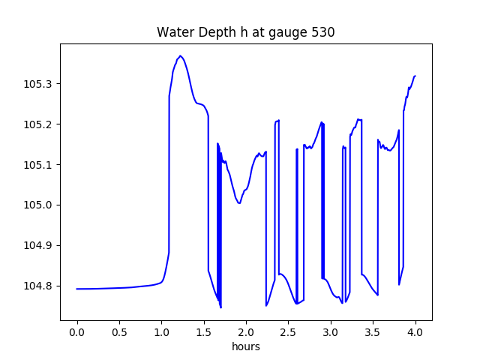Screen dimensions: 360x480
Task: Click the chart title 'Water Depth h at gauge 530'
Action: (x=245, y=33)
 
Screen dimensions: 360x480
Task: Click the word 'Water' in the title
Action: (x=172, y=33)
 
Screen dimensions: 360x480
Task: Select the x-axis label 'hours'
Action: (x=245, y=347)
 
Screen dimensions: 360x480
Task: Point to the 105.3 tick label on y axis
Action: (x=38, y=84)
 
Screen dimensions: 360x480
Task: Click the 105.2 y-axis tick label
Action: (x=38, y=124)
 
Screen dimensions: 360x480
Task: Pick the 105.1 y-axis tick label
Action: (x=38, y=165)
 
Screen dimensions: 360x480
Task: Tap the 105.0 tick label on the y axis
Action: (x=38, y=205)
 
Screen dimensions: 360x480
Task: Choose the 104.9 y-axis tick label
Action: (x=38, y=246)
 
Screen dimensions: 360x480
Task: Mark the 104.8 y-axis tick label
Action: (x=38, y=286)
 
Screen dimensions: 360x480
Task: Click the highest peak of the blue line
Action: (x=181, y=55)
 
